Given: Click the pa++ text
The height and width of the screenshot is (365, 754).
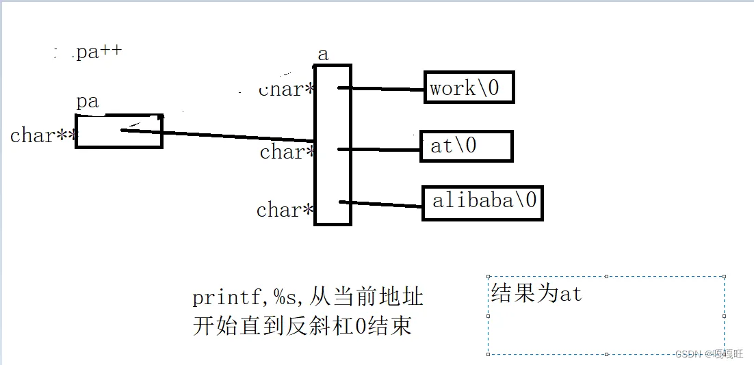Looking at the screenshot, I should coord(99,52).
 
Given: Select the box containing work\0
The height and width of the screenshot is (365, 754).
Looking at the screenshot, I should coord(469,87).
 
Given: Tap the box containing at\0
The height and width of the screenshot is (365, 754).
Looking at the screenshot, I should coord(466,146).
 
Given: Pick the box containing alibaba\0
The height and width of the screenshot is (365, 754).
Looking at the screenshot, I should coord(482,202).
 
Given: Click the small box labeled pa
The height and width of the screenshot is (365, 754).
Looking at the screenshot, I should coord(118,131).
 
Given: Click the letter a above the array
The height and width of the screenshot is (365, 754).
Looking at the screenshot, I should coord(323,54).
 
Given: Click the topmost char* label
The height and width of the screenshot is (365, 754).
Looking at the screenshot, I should coord(286,90).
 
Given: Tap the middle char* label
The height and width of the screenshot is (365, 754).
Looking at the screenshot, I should coord(287,152).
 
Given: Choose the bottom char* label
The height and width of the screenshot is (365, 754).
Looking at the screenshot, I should coord(285,210).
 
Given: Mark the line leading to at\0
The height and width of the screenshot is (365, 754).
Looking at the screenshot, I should coord(380,149).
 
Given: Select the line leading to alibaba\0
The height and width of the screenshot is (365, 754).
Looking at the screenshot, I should coord(382,204).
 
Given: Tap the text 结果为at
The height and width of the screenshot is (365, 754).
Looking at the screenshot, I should coord(536,294).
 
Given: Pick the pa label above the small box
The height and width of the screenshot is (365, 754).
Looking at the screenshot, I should coord(88,102).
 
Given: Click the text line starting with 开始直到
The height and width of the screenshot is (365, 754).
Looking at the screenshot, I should coord(302,326).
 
